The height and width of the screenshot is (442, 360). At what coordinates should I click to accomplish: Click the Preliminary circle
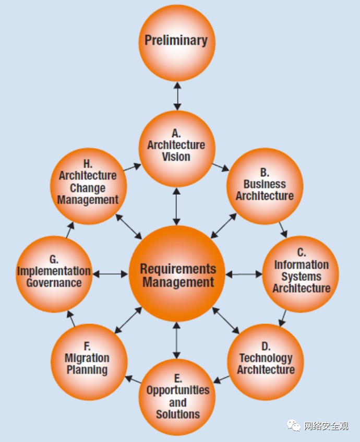[177, 43]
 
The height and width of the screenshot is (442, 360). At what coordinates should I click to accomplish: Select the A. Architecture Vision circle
[177, 149]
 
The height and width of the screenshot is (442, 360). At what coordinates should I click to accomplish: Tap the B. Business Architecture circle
[265, 186]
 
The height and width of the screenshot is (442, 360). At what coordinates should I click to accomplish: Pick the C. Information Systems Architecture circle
[301, 274]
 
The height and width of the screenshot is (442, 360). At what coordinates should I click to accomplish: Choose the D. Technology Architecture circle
[266, 362]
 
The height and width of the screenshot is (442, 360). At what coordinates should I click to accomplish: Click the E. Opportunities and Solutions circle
[177, 398]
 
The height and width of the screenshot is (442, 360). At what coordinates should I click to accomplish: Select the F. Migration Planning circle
[89, 362]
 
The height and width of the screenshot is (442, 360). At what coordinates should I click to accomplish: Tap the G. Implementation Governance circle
[54, 274]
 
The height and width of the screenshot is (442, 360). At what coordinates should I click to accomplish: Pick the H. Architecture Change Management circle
[89, 186]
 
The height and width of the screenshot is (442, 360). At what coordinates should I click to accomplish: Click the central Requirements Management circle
[177, 273]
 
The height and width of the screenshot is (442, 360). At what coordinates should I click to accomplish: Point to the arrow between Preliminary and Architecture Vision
[177, 96]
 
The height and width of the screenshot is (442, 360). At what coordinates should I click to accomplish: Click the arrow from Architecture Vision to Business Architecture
[221, 167]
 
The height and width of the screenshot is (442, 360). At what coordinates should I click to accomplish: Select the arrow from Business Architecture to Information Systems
[283, 230]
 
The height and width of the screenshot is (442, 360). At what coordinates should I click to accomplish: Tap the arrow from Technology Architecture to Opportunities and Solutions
[221, 379]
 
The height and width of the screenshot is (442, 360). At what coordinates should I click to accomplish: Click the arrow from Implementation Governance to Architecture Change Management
[70, 230]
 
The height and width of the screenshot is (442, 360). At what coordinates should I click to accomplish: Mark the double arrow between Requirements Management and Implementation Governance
[110, 274]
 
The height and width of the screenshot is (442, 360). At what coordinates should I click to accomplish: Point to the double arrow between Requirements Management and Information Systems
[244, 274]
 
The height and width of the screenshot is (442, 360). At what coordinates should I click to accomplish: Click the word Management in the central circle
[178, 282]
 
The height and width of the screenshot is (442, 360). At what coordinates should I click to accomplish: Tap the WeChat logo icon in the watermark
[293, 425]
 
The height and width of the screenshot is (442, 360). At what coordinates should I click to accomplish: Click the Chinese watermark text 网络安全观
[326, 426]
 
